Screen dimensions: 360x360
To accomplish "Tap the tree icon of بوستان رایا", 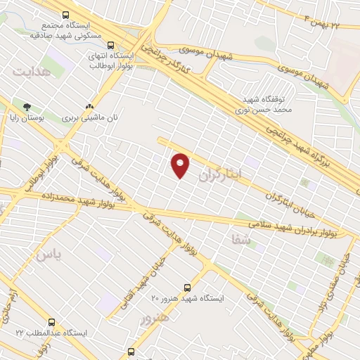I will coord(26,108).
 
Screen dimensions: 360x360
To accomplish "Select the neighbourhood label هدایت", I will coord(32,72).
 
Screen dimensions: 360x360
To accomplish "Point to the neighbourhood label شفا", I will coord(240,240).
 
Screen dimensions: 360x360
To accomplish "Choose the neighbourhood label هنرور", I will coord(155,319).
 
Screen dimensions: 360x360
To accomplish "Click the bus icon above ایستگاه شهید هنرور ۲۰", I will coord(187,287).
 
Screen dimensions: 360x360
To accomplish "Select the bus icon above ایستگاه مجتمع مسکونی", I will coord(65,14).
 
